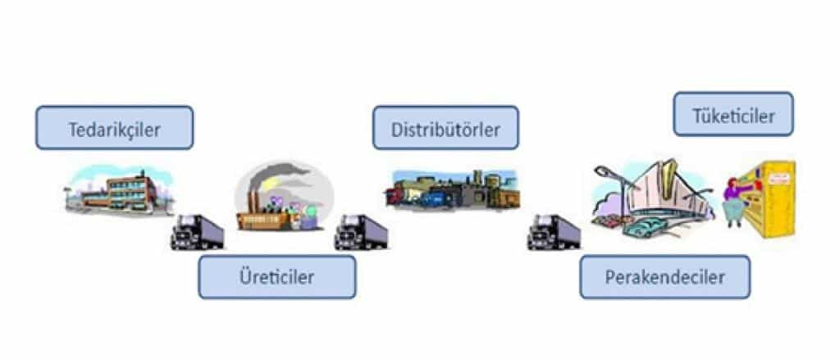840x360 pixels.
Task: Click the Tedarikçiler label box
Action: coord(114,127)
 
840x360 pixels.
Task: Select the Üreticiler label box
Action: coord(276,276)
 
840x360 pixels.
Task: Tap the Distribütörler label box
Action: coord(445,127)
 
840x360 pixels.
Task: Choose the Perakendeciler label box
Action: coord(664,276)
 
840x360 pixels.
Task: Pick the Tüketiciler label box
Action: coord(734,114)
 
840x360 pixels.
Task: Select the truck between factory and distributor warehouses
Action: coord(361,232)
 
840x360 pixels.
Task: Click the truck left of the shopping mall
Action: coord(554,232)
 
